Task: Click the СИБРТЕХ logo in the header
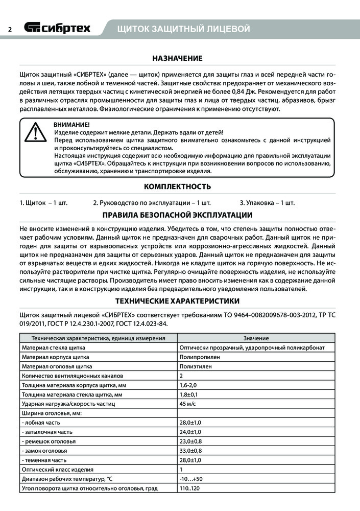click(58, 28)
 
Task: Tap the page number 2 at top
click(10, 29)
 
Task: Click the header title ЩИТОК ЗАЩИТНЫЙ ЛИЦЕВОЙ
click(183, 29)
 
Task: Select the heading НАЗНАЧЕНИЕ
click(177, 58)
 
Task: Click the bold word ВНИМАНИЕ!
click(71, 125)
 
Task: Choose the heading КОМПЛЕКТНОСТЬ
click(177, 187)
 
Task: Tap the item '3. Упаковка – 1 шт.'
click(267, 203)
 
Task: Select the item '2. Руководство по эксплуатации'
click(152, 203)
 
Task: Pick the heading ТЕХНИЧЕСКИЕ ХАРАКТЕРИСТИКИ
click(177, 301)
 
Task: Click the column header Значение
click(256, 338)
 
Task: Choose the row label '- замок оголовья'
click(46, 451)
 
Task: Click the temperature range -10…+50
click(191, 479)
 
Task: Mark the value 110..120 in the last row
click(189, 489)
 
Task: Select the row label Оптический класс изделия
click(57, 470)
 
